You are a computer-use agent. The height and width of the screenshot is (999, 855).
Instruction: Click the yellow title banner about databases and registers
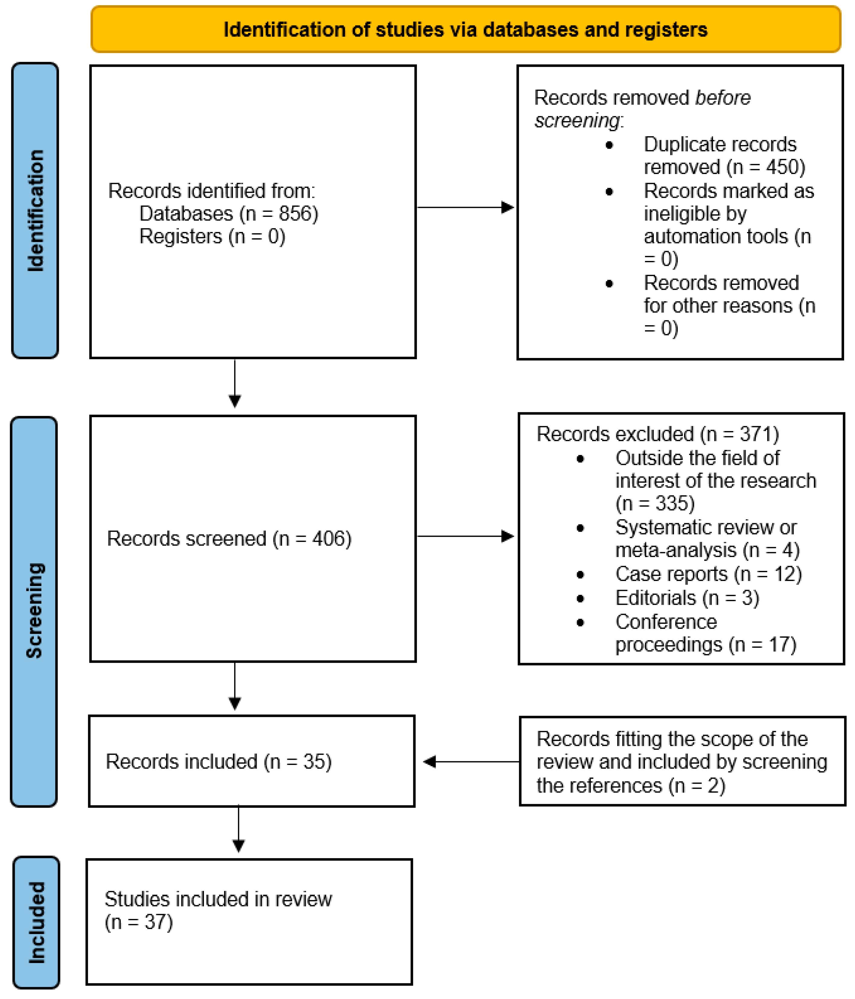465,29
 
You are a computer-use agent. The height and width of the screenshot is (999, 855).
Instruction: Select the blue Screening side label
34,611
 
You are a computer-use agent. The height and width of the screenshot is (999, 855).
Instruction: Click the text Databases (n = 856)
229,214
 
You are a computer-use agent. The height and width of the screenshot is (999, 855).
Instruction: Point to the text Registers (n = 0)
212,236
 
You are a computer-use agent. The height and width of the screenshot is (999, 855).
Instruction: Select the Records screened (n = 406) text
229,539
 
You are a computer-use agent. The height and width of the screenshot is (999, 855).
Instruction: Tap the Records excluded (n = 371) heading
657,434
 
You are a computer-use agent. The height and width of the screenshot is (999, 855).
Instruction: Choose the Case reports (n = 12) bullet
708,574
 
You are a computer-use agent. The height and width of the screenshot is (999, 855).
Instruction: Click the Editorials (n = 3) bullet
687,598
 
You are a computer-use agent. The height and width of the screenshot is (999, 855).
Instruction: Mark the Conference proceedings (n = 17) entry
705,633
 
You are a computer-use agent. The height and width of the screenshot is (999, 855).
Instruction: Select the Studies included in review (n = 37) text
218,910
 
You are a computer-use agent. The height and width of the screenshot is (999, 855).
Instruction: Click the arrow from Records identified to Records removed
465,207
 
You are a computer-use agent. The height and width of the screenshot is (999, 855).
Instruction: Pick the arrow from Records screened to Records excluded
465,536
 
